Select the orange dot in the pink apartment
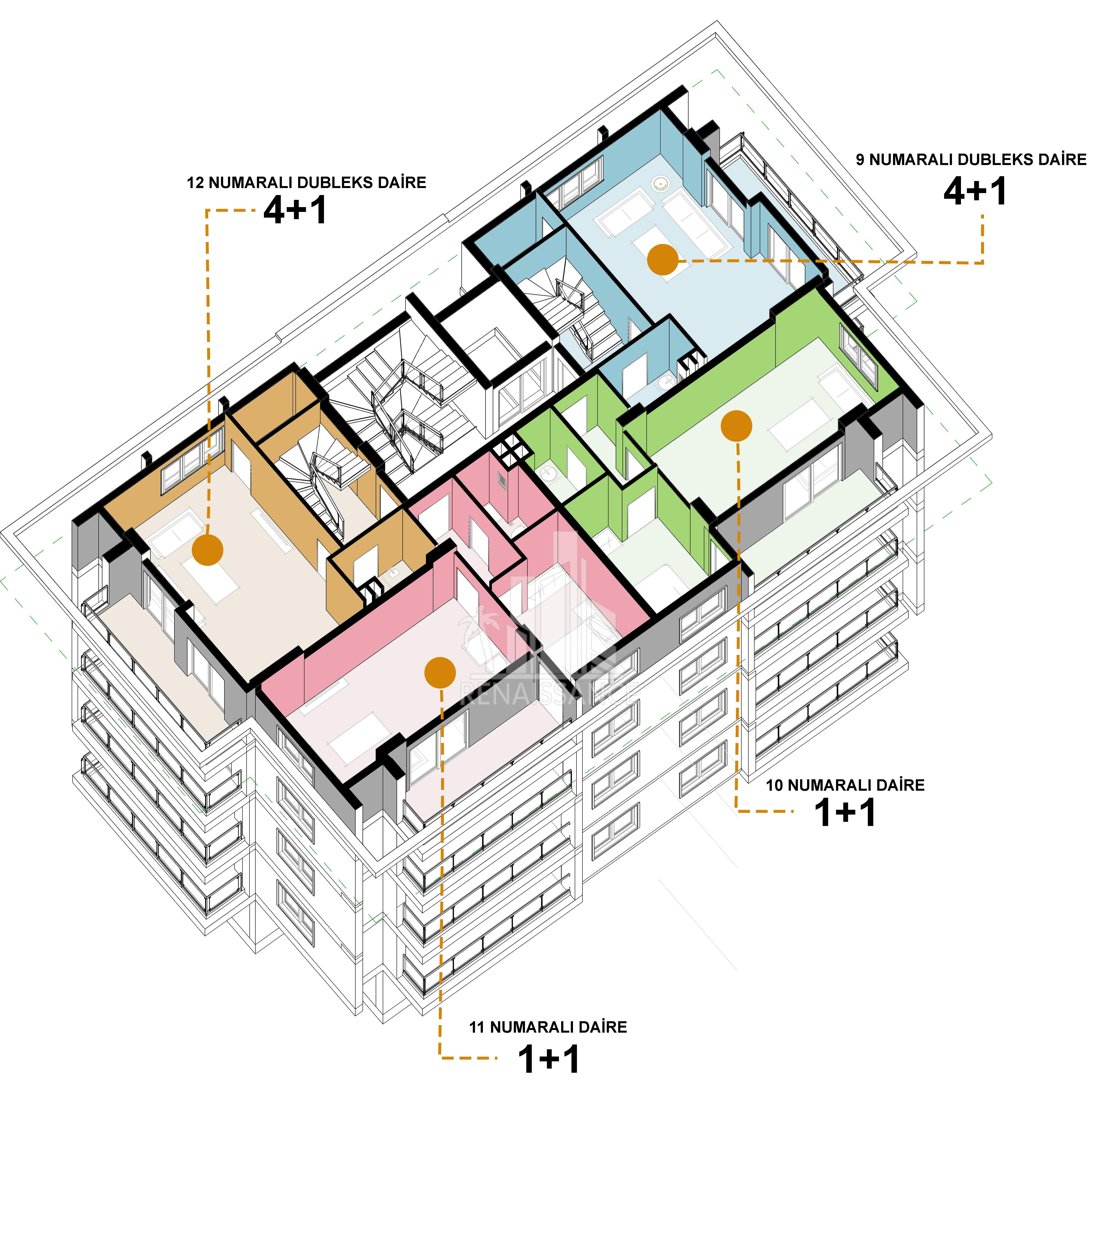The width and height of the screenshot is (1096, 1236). tap(440, 672)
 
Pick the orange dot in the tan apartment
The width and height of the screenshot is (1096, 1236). tap(207, 550)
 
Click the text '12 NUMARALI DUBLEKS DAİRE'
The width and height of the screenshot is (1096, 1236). tap(307, 183)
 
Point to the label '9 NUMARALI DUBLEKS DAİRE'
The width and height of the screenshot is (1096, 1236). tap(971, 160)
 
